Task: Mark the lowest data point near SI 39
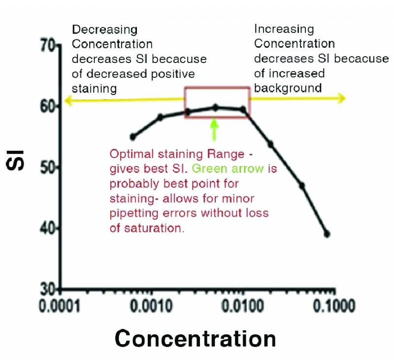(327, 234)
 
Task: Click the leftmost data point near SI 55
(132, 137)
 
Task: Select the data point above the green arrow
(215, 107)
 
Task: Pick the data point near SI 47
(302, 186)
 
